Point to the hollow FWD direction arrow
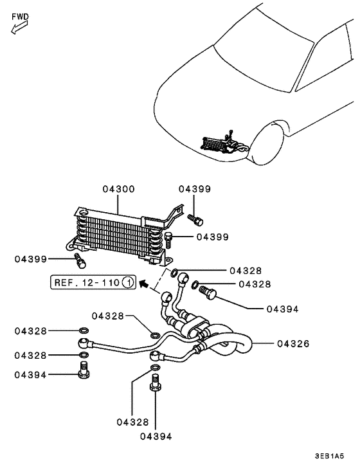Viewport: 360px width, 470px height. [18, 28]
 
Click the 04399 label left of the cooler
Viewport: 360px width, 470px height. [32, 259]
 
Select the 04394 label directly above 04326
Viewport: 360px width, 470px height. [282, 309]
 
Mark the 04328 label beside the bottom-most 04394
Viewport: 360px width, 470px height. [133, 422]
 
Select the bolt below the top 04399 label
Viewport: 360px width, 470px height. [196, 219]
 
